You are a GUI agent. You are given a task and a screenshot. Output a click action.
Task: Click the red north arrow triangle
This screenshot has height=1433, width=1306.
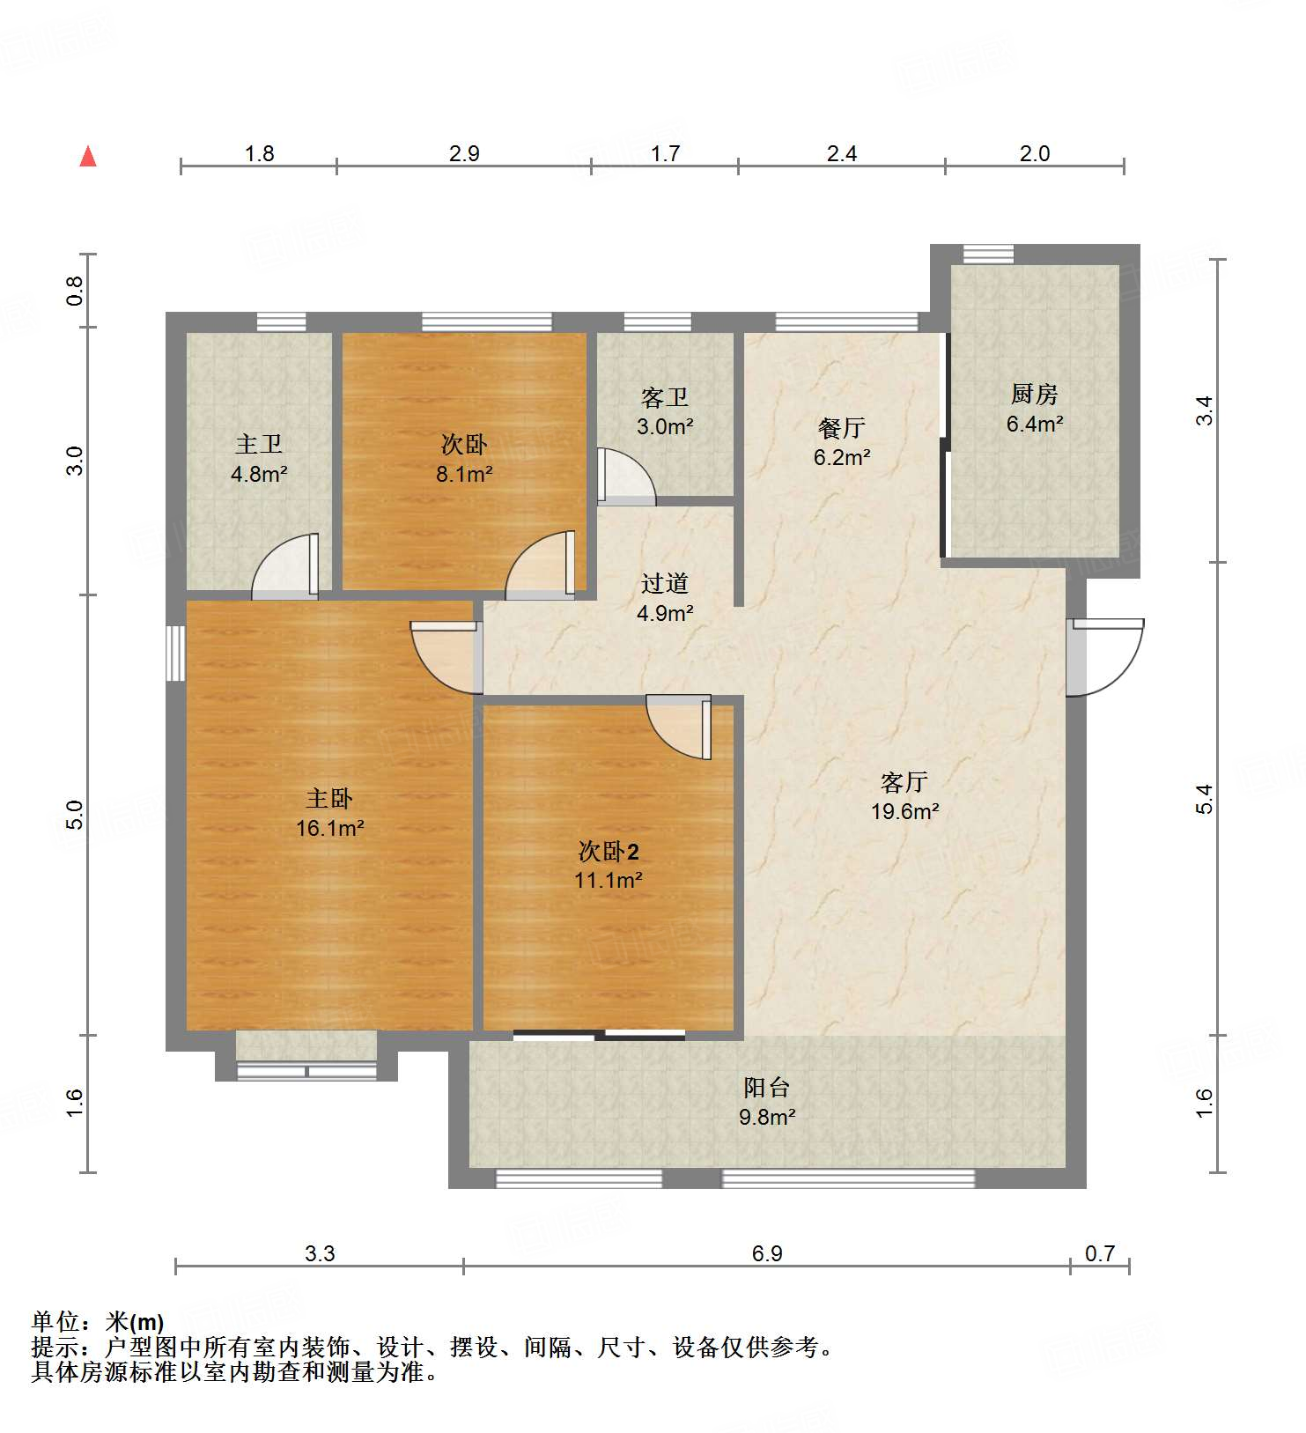coord(88,157)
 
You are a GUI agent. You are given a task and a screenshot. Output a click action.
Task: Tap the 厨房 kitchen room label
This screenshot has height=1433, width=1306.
coord(1034,394)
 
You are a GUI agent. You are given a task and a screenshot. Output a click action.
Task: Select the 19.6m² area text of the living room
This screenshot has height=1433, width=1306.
coord(904,811)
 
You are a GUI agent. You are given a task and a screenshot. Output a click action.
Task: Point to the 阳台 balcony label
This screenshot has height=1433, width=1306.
coord(766,1087)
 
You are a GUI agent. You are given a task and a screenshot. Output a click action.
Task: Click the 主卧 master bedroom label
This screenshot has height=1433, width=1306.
coord(329,798)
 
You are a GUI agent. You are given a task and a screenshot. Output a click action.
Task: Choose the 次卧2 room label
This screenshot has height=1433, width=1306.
coord(608,851)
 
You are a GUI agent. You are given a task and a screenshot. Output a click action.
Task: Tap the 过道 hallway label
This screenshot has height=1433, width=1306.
coord(664,583)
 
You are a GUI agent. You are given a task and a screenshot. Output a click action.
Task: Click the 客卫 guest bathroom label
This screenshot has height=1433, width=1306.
coord(664,398)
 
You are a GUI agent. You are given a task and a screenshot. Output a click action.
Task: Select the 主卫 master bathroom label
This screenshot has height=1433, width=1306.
coord(259,444)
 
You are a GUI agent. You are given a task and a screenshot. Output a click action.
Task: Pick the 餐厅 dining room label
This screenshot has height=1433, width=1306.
coord(841,428)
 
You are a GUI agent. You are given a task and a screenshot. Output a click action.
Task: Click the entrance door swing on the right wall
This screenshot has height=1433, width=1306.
coord(1105,656)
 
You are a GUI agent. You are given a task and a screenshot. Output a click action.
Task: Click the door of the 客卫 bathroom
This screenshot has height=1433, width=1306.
coord(625,476)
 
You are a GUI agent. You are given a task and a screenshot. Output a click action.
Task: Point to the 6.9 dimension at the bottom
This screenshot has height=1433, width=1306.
coord(766,1253)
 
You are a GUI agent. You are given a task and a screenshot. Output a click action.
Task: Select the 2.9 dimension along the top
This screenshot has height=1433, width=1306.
coord(464,154)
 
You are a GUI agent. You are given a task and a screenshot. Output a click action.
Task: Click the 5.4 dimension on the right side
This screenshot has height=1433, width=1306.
coord(1204,798)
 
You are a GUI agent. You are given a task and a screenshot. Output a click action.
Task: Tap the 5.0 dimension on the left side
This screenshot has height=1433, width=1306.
coord(76,814)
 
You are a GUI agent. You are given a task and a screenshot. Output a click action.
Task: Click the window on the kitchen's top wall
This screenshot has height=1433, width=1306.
coord(987,254)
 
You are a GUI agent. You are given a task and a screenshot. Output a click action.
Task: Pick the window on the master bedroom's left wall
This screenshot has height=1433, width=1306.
coord(176,653)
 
